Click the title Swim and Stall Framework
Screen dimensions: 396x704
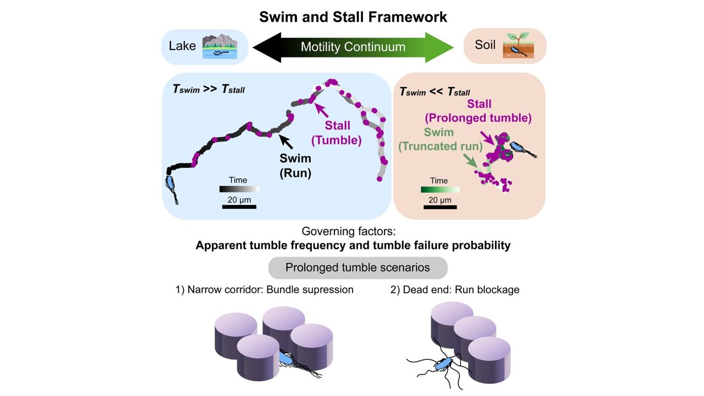pyautogui.click(x=353, y=16)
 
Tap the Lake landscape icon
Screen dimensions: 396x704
pyautogui.click(x=219, y=47)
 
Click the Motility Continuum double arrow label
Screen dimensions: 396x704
pyautogui.click(x=353, y=47)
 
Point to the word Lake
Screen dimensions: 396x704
pyautogui.click(x=182, y=46)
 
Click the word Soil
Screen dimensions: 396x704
pyautogui.click(x=485, y=46)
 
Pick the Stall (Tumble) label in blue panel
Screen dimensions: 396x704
pyautogui.click(x=336, y=133)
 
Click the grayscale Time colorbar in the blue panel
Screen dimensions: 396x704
pyautogui.click(x=239, y=189)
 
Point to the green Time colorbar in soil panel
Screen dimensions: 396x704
pyautogui.click(x=439, y=189)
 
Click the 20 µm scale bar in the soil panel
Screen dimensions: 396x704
pyautogui.click(x=439, y=207)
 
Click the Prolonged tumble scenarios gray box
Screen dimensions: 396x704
pyautogui.click(x=358, y=268)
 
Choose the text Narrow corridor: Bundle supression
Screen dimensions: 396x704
pyautogui.click(x=264, y=289)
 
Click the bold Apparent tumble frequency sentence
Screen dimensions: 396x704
pyautogui.click(x=353, y=246)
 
